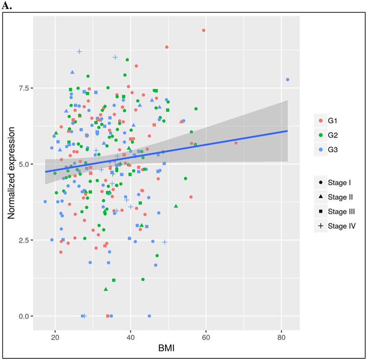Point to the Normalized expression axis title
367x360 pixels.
coord(12,173)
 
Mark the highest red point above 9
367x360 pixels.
coord(203,30)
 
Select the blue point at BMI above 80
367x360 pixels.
coord(287,79)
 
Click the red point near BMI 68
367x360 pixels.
coord(236,143)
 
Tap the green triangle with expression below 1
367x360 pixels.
coord(106,289)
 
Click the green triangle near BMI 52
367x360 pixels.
coord(176,206)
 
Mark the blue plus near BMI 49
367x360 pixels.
coord(165,242)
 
